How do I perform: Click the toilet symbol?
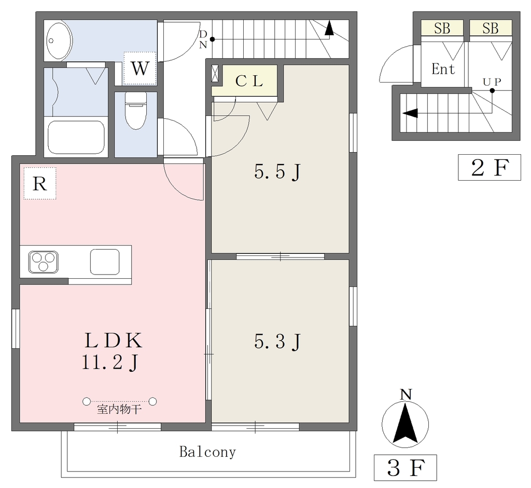pos(136,111)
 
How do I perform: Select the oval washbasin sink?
pos(59,40)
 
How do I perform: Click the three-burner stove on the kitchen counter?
pos(43,262)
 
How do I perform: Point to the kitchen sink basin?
pos(105,262)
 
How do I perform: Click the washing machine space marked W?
pos(140,68)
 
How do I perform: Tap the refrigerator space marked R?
pos(39,183)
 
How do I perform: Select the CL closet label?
pos(249,81)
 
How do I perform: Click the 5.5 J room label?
pos(277,172)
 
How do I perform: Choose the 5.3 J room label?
pos(277,342)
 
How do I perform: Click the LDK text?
pos(113,341)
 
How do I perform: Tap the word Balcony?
pos(207,452)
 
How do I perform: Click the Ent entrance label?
pos(443,69)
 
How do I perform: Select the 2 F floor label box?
pos(490,167)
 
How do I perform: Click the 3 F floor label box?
pos(406,468)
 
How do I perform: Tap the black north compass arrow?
pos(406,425)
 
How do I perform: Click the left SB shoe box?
pos(442,28)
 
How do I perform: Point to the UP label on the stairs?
pos(492,82)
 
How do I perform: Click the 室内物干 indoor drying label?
pos(119,410)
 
